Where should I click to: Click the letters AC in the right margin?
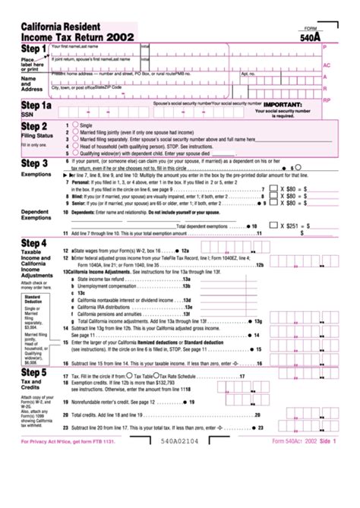coord(327,66)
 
